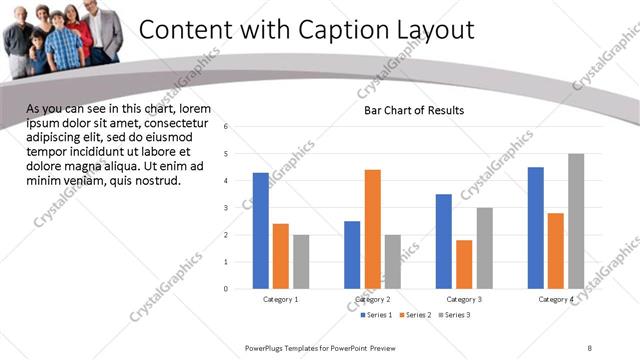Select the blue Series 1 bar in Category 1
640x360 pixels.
(x=261, y=230)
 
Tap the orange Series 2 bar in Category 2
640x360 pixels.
(x=373, y=229)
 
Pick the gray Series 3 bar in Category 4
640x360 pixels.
(x=576, y=221)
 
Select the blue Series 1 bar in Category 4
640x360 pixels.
(x=536, y=227)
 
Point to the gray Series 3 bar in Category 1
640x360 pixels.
(x=301, y=261)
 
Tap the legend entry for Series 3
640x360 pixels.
(x=453, y=315)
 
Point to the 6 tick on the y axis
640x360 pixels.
(x=227, y=127)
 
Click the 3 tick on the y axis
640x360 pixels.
(x=227, y=208)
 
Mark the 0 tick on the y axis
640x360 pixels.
(x=227, y=289)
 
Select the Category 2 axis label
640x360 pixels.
(x=373, y=299)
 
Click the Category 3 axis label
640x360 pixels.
(x=464, y=299)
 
